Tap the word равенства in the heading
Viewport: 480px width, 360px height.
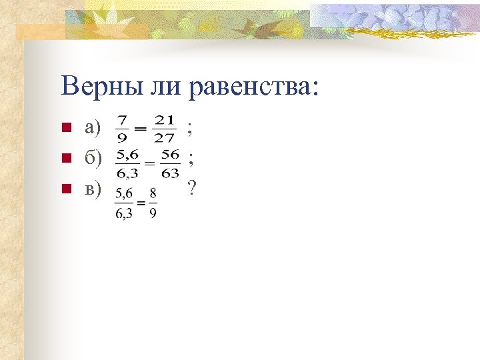point(254,87)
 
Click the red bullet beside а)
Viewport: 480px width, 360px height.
point(65,127)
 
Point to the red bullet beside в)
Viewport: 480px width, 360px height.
point(65,189)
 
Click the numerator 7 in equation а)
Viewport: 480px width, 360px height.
point(122,120)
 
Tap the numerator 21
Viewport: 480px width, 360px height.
point(164,120)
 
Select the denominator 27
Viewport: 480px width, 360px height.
point(164,138)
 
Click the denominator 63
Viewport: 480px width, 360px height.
point(170,173)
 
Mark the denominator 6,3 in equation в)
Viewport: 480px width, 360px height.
point(124,214)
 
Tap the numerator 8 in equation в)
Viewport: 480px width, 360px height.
point(153,192)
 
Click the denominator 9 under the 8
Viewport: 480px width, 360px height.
point(153,214)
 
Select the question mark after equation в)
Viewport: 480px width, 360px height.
point(191,189)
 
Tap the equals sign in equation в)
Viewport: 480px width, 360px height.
point(141,203)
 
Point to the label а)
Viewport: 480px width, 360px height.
point(93,127)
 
